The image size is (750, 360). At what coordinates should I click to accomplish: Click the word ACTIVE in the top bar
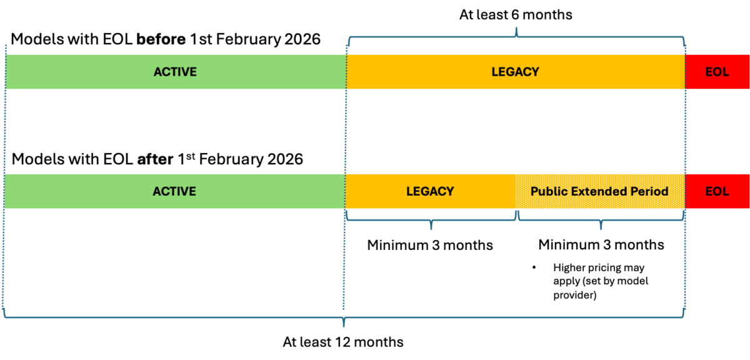pos(175,72)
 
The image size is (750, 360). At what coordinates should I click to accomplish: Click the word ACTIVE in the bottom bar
pos(174,191)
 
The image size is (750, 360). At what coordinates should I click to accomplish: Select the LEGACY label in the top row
pos(515,72)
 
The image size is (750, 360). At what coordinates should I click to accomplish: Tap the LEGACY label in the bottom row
pos(430,191)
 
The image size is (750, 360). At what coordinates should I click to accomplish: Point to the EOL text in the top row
pos(717,72)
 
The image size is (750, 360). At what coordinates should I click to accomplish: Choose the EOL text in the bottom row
pos(717,191)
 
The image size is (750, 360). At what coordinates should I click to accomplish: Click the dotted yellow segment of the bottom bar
pos(600,201)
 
